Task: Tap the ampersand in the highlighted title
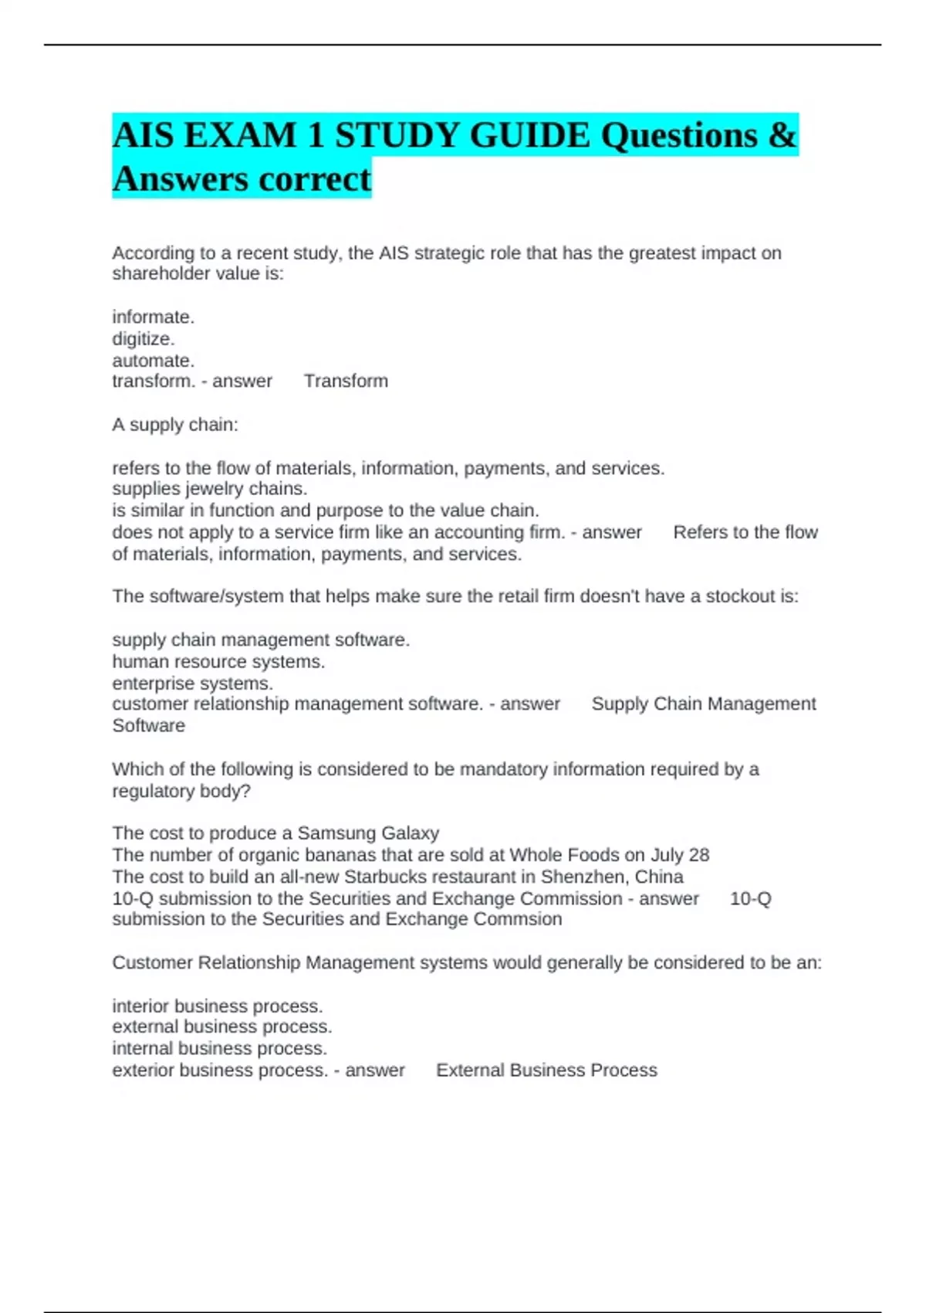tap(782, 136)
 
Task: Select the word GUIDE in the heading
tap(529, 136)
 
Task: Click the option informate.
tap(153, 317)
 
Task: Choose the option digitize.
tap(144, 339)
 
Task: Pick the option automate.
tap(153, 361)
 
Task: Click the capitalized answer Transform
tap(346, 382)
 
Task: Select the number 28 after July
tap(698, 855)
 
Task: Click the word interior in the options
tap(140, 1006)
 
